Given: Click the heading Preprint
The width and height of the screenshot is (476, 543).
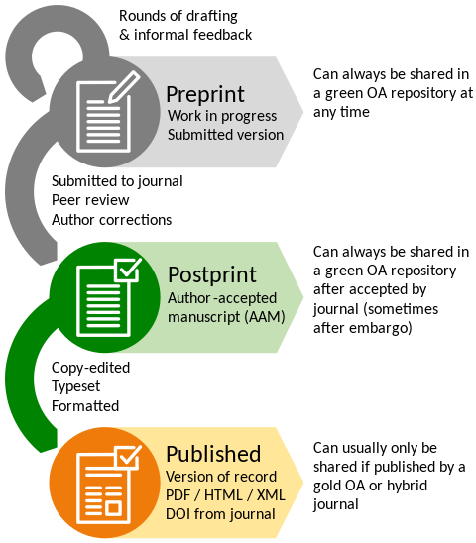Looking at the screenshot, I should pyautogui.click(x=204, y=95).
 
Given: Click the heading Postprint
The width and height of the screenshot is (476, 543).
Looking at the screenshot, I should pyautogui.click(x=211, y=274).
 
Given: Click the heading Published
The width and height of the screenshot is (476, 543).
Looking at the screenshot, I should pyautogui.click(x=212, y=454).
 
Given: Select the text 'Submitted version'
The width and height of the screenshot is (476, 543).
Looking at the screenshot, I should pyautogui.click(x=224, y=135).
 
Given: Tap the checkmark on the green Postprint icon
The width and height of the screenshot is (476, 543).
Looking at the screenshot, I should pyautogui.click(x=128, y=269).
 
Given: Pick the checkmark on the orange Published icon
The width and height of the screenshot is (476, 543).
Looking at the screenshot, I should pyautogui.click(x=128, y=457).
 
